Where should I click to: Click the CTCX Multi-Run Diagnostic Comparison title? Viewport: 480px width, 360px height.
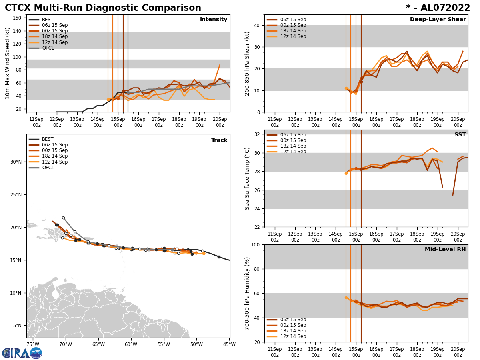(x=103, y=8)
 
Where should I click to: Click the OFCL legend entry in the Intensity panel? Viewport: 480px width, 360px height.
(x=48, y=48)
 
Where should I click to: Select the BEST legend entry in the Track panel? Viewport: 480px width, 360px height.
(x=48, y=139)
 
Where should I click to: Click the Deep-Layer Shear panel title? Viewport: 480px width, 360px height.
(x=438, y=20)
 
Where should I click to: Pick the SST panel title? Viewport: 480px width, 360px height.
(x=460, y=135)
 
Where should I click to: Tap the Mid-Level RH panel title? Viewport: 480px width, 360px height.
(x=445, y=250)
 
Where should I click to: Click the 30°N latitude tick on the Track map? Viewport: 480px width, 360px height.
(x=16, y=162)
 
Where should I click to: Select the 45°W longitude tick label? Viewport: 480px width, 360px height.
(x=230, y=344)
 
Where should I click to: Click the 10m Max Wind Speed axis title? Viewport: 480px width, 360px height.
(x=8, y=63)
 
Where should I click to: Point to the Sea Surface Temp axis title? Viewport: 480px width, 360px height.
(x=247, y=178)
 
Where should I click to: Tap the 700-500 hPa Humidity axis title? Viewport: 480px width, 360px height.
(x=247, y=293)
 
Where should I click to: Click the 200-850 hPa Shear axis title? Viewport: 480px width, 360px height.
(x=247, y=63)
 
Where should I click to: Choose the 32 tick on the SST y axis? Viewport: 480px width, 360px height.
(x=258, y=134)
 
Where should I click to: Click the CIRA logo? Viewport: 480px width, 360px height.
(x=22, y=353)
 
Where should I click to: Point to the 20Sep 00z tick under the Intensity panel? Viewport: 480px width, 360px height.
(x=220, y=122)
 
